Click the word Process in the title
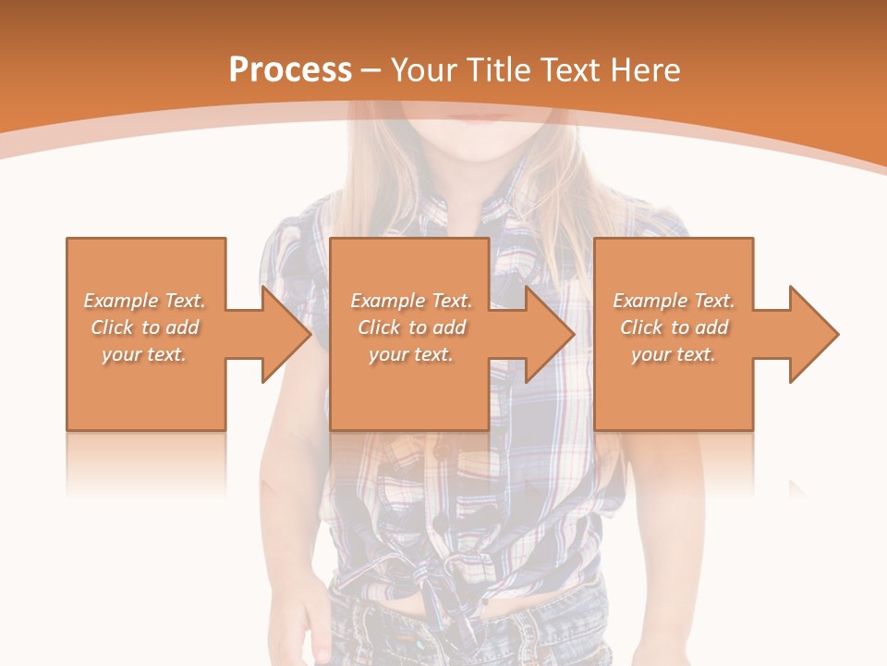click(290, 70)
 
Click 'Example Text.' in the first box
click(144, 301)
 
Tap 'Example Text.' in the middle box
click(410, 301)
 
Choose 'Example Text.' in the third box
click(674, 301)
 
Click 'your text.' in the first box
click(144, 354)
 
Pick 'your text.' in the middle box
click(410, 354)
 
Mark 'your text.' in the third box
click(674, 354)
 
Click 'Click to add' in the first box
click(144, 327)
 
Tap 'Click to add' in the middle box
click(410, 327)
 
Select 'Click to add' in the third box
click(674, 327)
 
